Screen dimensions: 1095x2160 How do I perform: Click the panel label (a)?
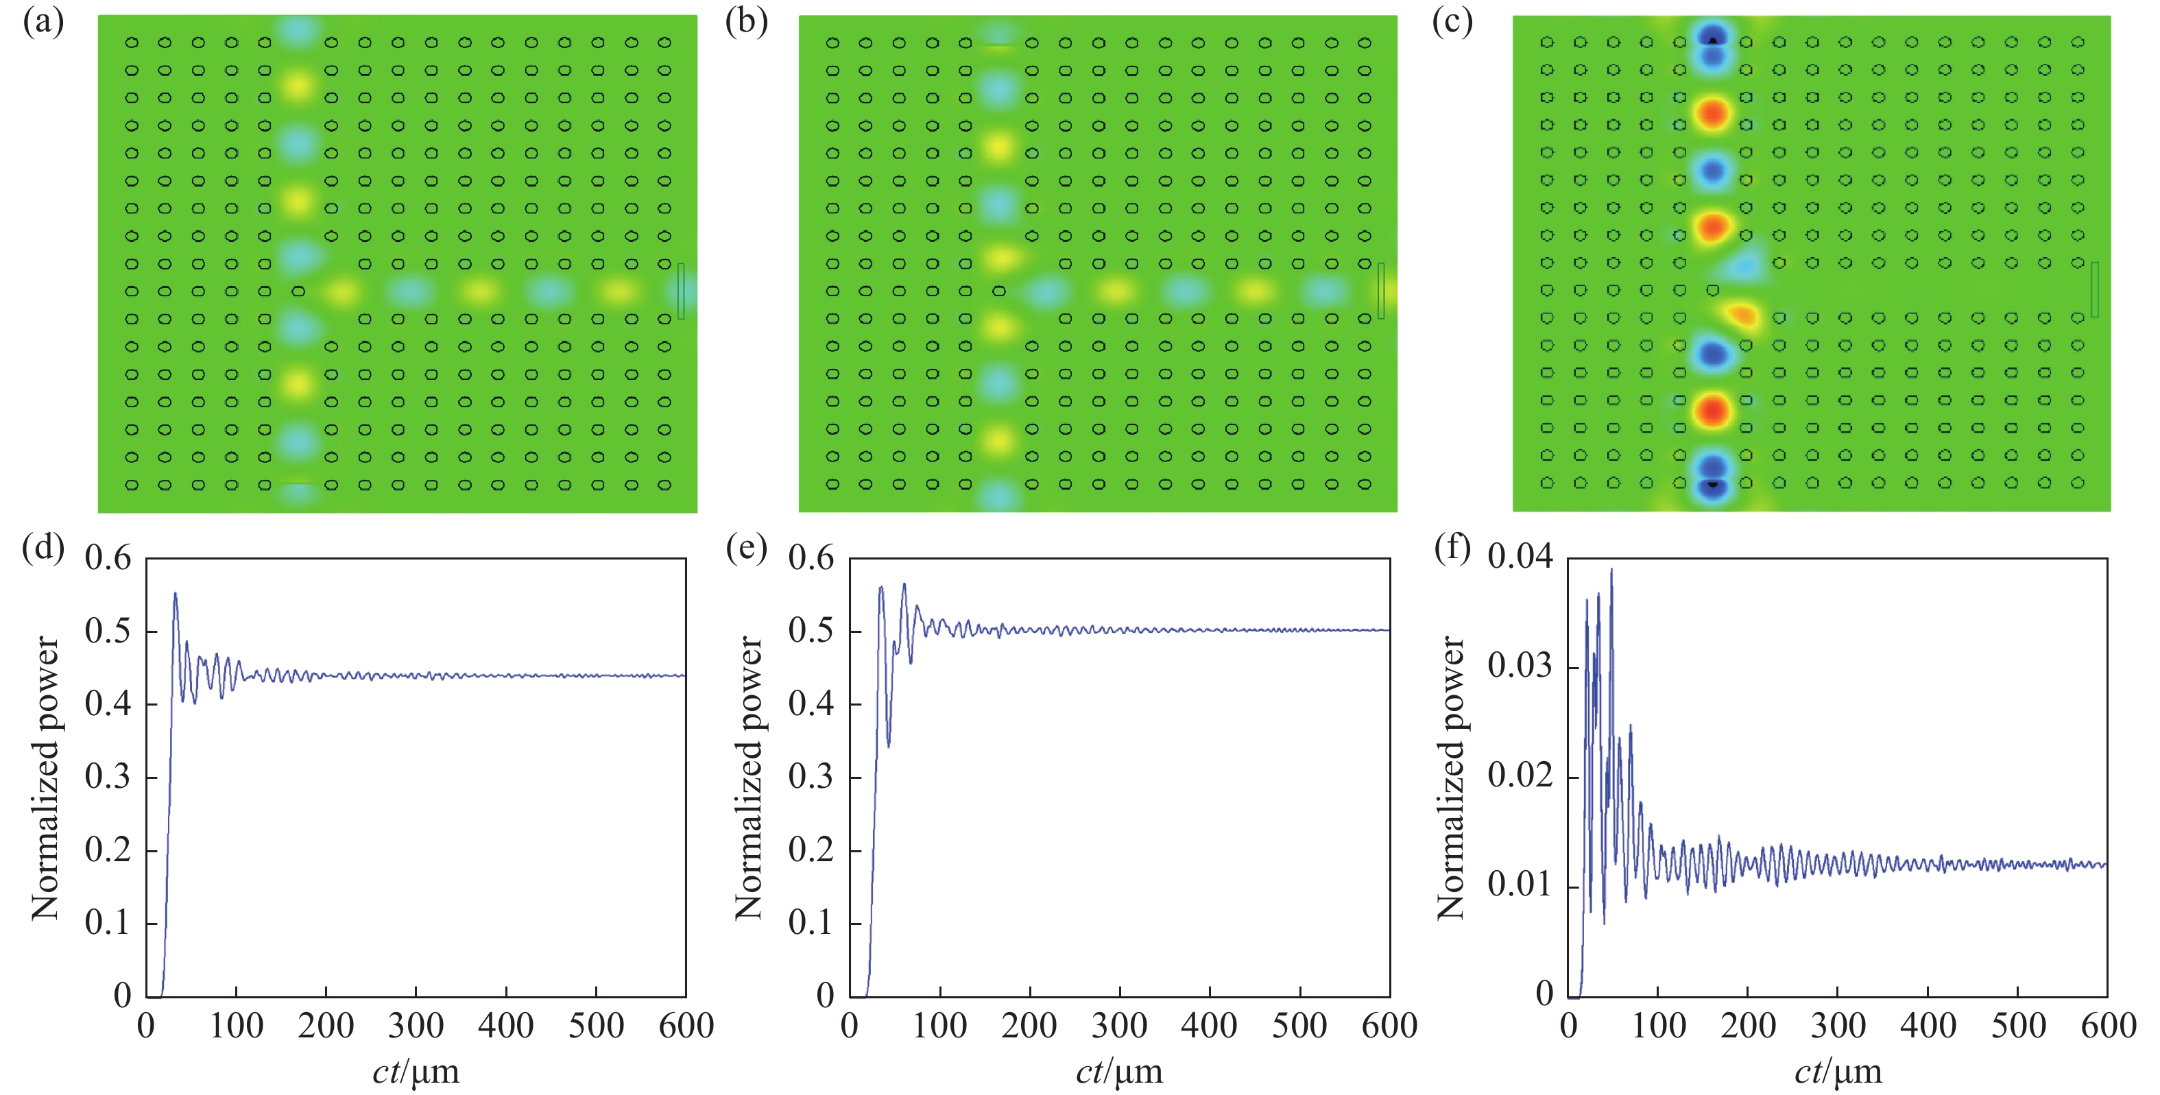[43, 23]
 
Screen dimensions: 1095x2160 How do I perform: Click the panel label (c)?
[1452, 23]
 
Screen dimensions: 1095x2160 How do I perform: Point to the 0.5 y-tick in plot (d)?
[108, 631]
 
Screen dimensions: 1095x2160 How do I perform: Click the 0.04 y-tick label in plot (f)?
[1520, 557]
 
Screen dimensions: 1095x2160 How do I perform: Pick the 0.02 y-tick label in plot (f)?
[1520, 775]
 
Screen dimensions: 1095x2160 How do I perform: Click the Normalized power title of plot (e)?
[749, 778]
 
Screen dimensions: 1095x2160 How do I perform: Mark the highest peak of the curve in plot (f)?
[1611, 570]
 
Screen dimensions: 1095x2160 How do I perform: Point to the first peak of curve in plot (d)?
[176, 594]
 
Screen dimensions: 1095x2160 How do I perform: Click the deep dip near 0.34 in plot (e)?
[888, 745]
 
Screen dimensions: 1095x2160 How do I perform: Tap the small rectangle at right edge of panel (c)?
[2093, 290]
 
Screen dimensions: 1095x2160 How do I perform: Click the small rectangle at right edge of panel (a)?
[681, 291]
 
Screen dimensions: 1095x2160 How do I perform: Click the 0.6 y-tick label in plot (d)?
[108, 558]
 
